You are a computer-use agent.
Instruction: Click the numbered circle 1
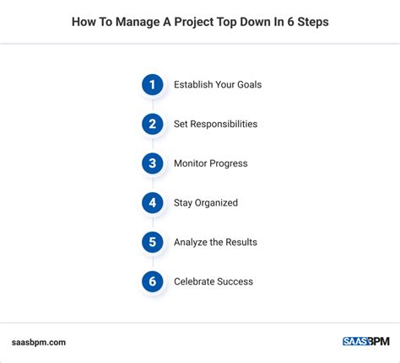[x=153, y=84]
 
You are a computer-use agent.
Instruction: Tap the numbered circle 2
[x=153, y=124]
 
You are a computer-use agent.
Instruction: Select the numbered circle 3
[x=153, y=163]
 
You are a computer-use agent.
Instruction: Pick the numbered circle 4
[x=153, y=202]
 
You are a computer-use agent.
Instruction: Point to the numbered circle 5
[x=153, y=242]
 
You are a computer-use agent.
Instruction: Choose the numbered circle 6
[x=153, y=281]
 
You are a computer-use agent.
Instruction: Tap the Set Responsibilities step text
[x=215, y=124]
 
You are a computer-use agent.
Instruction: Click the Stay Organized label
[x=206, y=202]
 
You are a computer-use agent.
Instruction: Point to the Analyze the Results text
[x=215, y=242]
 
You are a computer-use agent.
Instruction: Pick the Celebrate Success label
[x=214, y=281]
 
